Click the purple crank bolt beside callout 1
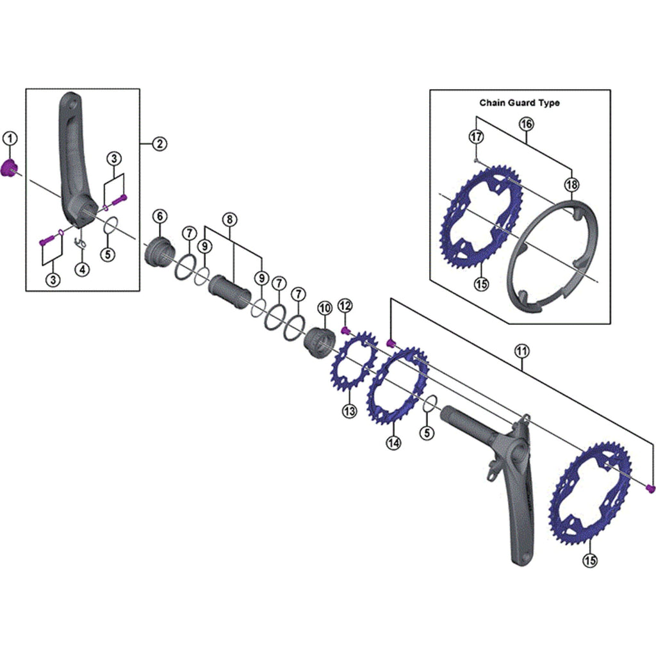point(9,169)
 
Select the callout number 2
point(160,144)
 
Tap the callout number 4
point(83,270)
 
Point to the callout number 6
point(160,217)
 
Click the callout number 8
point(230,219)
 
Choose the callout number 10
point(325,308)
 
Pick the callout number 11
point(521,350)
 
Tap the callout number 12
point(345,306)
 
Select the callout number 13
point(349,411)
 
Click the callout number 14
point(394,442)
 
